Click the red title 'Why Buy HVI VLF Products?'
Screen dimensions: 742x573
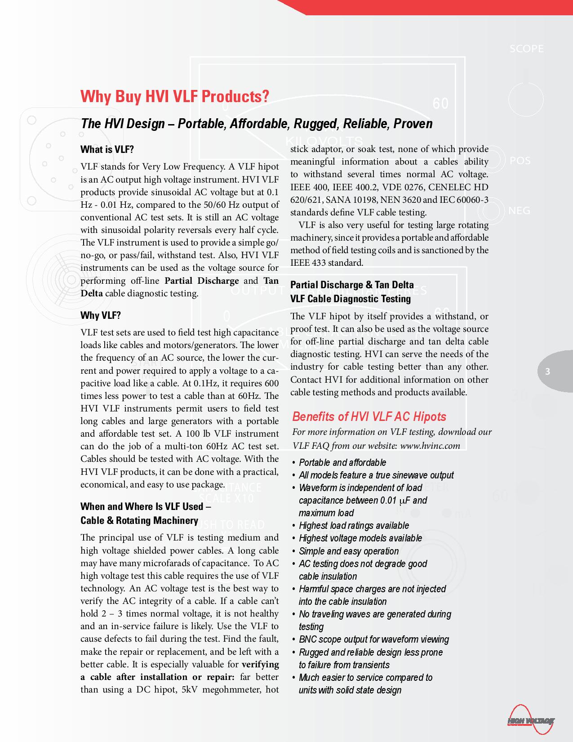175,96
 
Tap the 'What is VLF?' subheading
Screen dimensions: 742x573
107,149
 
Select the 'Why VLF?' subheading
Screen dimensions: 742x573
101,315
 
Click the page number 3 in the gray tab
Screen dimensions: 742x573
547,371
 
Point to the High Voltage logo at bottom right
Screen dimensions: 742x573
531,721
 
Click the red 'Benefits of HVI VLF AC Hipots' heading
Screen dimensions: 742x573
369,416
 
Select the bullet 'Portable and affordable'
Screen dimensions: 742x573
342,462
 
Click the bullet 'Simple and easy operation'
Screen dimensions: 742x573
349,551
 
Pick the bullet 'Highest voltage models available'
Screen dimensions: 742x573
360,538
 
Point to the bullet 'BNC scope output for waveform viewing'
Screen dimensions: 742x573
374,639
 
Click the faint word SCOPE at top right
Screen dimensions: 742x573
526,49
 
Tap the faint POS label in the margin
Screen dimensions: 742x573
520,161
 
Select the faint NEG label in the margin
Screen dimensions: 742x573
519,210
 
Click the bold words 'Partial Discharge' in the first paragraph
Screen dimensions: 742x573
202,281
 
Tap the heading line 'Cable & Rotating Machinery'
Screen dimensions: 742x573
139,520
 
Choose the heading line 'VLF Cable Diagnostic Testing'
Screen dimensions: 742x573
351,299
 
